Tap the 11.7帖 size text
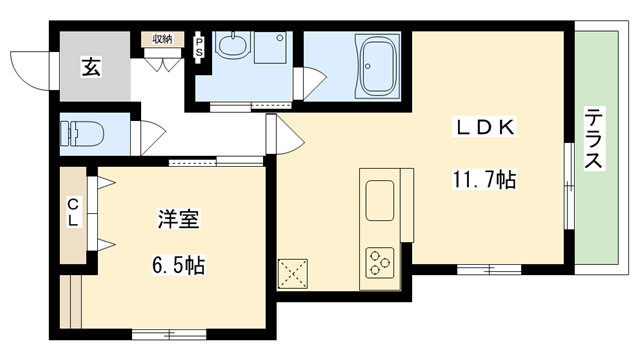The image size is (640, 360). pos(485,181)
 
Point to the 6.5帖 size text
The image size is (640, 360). pos(178,266)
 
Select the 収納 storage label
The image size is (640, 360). pos(162,39)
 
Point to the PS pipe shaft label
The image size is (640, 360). pos(199,45)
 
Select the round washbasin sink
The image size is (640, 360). pos(231,47)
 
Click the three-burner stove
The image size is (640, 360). pos(382,262)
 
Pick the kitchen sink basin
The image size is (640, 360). pos(382,200)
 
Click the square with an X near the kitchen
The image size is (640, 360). pos(294,272)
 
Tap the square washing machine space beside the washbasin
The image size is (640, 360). pos(269,52)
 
